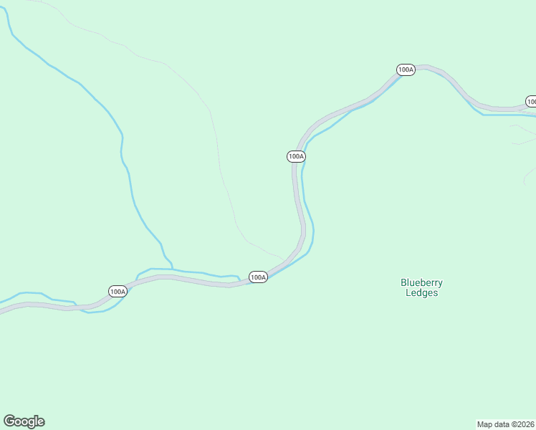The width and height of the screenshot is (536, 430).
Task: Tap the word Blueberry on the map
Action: click(421, 282)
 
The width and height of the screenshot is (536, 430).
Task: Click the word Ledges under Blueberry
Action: click(421, 292)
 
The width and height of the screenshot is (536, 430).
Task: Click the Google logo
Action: click(24, 421)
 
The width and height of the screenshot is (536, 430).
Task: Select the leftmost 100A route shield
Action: click(118, 291)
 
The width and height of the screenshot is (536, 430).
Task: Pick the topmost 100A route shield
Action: click(406, 70)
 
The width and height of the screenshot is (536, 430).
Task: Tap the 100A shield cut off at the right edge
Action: click(531, 101)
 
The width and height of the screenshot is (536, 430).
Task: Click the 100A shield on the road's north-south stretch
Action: click(296, 156)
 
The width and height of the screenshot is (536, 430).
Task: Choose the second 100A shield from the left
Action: click(259, 277)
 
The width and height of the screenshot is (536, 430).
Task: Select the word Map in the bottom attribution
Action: click(485, 424)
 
